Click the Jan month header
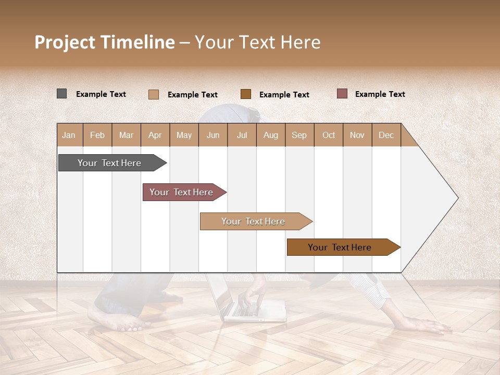click(69, 135)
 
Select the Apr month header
click(155, 135)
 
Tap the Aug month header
click(271, 135)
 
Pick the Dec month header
click(386, 135)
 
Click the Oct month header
click(329, 135)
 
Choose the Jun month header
click(213, 135)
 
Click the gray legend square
click(62, 94)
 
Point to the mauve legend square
click(342, 94)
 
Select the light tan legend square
click(154, 94)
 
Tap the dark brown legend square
click(246, 94)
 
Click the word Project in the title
click(65, 42)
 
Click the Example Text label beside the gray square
click(101, 94)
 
